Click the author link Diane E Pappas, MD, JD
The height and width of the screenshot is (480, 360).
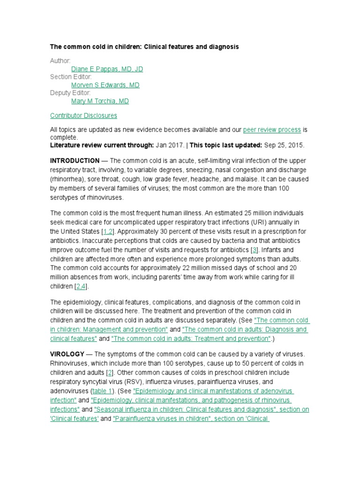tap(107, 69)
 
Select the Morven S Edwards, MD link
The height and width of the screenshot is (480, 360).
tap(105, 85)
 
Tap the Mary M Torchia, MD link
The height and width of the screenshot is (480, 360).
tap(100, 101)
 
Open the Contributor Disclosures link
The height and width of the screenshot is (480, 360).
tap(83, 115)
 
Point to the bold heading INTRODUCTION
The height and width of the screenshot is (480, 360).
tap(75, 160)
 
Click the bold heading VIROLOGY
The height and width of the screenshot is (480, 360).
tap(67, 354)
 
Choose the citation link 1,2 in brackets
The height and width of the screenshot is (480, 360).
tap(108, 232)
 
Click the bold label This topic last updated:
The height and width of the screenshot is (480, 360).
tap(222, 145)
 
